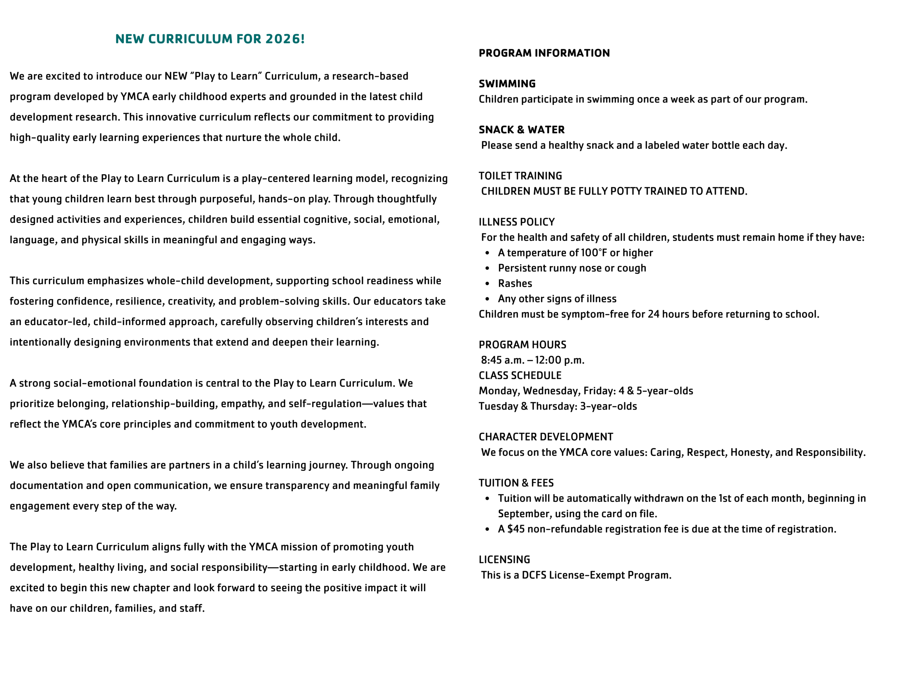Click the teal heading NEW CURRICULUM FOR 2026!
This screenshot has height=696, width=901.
click(210, 39)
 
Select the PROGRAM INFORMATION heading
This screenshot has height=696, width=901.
click(544, 53)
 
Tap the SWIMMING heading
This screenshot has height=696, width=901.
click(507, 84)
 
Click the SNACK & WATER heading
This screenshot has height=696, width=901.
click(522, 129)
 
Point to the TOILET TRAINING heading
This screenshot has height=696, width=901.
click(520, 176)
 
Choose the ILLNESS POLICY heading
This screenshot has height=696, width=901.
click(517, 222)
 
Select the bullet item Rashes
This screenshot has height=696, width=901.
click(515, 284)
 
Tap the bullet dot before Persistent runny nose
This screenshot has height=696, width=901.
click(487, 268)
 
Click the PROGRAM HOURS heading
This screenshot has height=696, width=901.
click(522, 344)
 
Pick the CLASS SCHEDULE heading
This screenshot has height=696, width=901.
click(520, 375)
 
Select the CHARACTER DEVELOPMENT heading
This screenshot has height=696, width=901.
click(546, 437)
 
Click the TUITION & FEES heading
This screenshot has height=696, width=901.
click(516, 483)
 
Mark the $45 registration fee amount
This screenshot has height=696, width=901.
click(516, 529)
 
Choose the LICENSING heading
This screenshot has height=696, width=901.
click(504, 559)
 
